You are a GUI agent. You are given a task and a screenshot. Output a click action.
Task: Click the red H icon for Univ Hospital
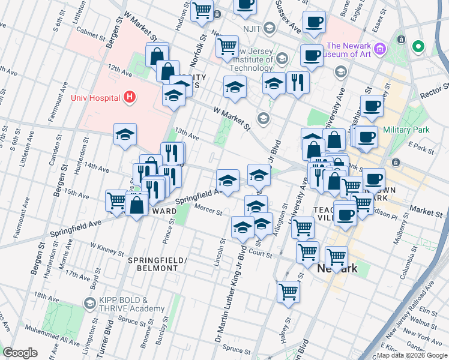[x=128, y=97]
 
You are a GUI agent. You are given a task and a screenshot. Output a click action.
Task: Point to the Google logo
[x=20, y=353]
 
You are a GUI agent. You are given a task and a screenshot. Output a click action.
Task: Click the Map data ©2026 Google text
[x=412, y=355]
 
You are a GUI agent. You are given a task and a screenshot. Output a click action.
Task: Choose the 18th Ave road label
[x=47, y=296]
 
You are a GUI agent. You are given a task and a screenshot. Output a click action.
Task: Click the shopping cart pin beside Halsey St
[x=289, y=292]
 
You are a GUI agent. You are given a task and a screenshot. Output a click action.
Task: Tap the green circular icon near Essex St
[x=418, y=46]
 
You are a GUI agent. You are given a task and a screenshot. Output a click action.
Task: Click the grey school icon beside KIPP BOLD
[x=89, y=304]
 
